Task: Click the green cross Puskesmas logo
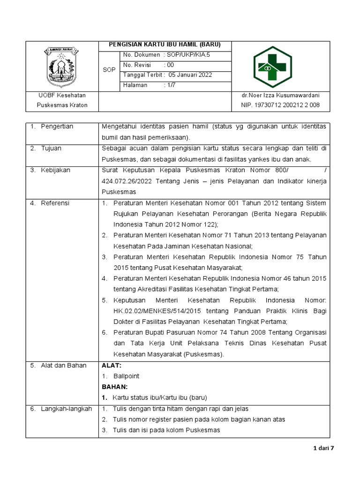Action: pyautogui.click(x=272, y=67)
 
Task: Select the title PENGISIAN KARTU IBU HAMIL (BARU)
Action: pyautogui.click(x=165, y=45)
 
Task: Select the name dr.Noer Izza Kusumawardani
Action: pyautogui.click(x=280, y=95)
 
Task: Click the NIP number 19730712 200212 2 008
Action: pyautogui.click(x=280, y=105)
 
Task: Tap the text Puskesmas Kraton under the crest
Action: pyautogui.click(x=62, y=105)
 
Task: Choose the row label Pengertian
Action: pyautogui.click(x=57, y=127)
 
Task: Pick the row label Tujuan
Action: pyautogui.click(x=51, y=148)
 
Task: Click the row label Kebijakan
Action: pyautogui.click(x=55, y=170)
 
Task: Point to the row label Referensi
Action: pyautogui.click(x=55, y=203)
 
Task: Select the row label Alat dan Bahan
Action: pyautogui.click(x=63, y=365)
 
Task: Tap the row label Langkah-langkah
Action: pyautogui.click(x=66, y=409)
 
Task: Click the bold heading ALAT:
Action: pyautogui.click(x=112, y=365)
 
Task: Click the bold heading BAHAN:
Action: pyautogui.click(x=114, y=387)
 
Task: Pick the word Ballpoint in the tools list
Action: pyautogui.click(x=126, y=376)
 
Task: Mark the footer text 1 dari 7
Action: pyautogui.click(x=323, y=448)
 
